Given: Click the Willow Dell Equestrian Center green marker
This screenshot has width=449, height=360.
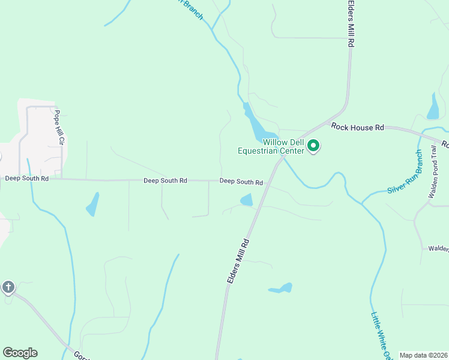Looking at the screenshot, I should [313, 146].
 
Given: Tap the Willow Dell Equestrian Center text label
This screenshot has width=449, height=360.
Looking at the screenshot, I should [272, 146].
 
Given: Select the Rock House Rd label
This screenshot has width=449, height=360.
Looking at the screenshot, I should [358, 127].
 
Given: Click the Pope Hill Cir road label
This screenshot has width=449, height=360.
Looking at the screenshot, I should [59, 127].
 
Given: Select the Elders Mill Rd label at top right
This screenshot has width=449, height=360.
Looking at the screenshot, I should [351, 24].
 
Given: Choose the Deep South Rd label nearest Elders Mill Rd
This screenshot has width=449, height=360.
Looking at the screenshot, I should [241, 182].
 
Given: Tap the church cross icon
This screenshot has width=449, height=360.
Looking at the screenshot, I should [8, 287].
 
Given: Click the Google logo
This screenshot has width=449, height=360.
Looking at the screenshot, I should [20, 353].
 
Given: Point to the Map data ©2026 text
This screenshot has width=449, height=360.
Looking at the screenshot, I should [423, 355].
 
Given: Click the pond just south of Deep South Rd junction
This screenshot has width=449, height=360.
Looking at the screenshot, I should [247, 200].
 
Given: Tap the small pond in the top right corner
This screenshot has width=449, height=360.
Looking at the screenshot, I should [433, 107].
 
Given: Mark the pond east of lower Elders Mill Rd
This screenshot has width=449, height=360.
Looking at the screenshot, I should [282, 289].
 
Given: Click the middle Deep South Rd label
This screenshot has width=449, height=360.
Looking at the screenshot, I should [165, 181].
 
